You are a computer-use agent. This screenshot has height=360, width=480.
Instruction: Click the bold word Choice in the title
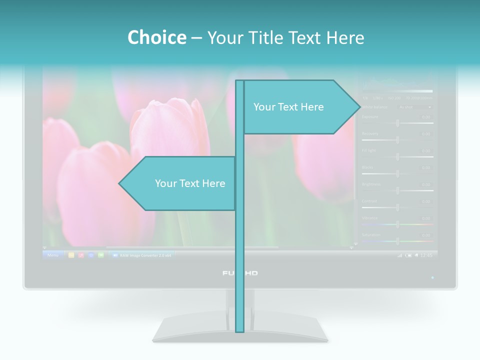[156, 37]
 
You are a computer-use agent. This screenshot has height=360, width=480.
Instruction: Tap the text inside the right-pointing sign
[288, 107]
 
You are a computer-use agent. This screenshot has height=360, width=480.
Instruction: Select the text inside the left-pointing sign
[190, 183]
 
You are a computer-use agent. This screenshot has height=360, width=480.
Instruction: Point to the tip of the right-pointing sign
[359, 106]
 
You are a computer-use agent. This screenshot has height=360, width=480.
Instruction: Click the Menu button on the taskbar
[53, 255]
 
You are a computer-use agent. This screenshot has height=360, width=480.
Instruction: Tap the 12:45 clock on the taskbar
[426, 255]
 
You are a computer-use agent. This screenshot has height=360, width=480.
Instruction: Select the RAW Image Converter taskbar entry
[141, 255]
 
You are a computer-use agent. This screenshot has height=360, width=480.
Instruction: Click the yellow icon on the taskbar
[71, 255]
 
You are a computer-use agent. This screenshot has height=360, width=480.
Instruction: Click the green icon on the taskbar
[101, 255]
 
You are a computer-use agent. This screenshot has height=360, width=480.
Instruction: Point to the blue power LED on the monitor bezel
[432, 277]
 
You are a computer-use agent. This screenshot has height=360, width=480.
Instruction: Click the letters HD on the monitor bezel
[251, 273]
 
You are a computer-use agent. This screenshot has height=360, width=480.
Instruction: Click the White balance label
[375, 107]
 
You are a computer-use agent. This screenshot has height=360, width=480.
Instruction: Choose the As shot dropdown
[414, 107]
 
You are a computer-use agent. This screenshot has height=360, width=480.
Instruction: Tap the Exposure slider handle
[398, 123]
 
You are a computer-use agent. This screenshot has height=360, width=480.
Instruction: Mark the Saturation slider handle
[398, 241]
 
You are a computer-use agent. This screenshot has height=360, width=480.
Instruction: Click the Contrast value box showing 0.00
[425, 201]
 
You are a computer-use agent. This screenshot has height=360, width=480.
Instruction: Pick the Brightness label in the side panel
[371, 184]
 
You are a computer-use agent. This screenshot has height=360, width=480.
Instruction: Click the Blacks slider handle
[398, 173]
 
